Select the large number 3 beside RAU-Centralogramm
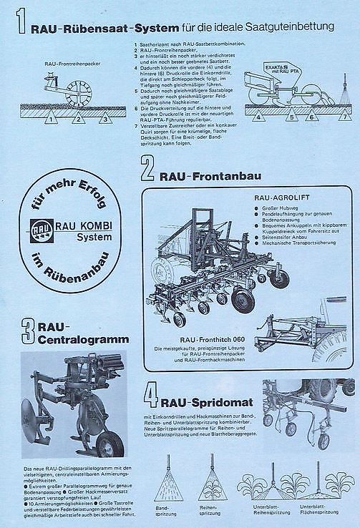[28, 331]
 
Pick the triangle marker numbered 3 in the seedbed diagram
[104, 119]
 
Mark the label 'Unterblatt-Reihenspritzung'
[271, 514]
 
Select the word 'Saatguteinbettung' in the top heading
[294, 27]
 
